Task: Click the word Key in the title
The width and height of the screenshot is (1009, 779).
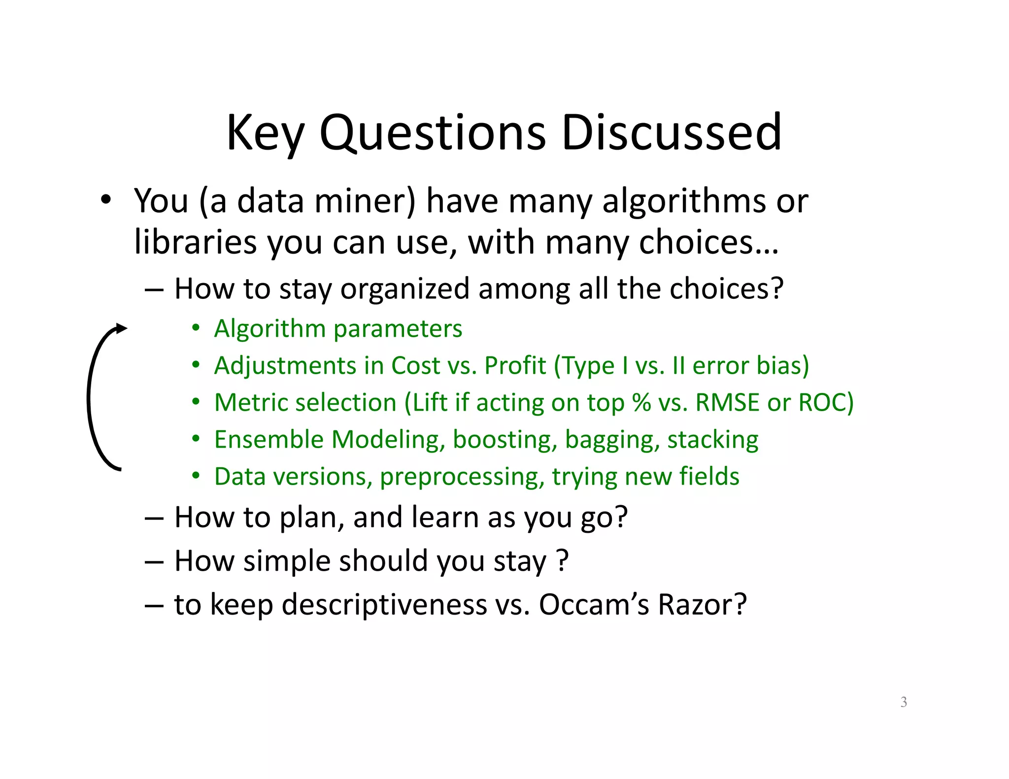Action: click(x=265, y=133)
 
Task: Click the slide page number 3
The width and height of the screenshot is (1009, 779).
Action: click(x=904, y=702)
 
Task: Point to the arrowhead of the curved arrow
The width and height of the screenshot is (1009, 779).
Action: click(x=121, y=328)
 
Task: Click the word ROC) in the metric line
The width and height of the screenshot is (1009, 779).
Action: click(x=826, y=402)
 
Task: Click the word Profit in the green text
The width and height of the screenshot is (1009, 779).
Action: click(x=515, y=365)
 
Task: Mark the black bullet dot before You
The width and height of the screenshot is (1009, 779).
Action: click(x=105, y=200)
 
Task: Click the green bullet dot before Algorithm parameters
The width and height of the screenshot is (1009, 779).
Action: click(x=196, y=328)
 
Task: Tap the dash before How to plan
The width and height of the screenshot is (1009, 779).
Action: click(x=154, y=518)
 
